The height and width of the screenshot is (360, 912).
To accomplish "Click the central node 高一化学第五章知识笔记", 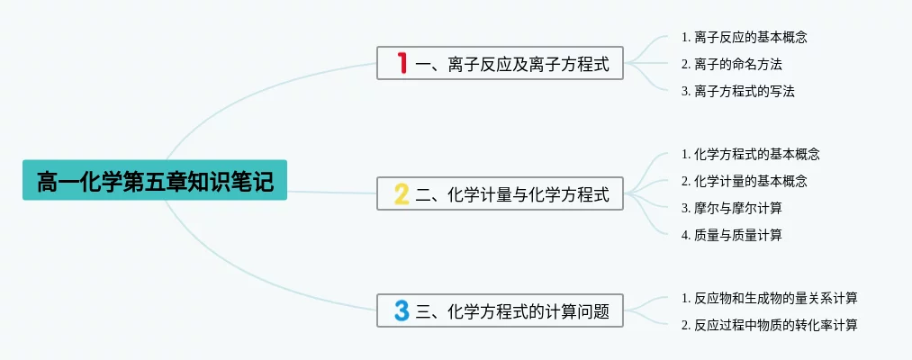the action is [154, 181].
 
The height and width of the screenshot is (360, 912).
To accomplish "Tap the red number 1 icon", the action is [402, 63].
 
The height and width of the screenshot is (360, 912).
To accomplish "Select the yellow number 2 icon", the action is [402, 193].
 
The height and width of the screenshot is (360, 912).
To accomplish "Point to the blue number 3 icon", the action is [402, 310].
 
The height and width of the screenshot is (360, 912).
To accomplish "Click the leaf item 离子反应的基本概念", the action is [750, 38].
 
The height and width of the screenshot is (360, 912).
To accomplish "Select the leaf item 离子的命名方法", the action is [737, 64].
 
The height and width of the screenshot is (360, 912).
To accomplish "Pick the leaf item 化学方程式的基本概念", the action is [756, 155].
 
